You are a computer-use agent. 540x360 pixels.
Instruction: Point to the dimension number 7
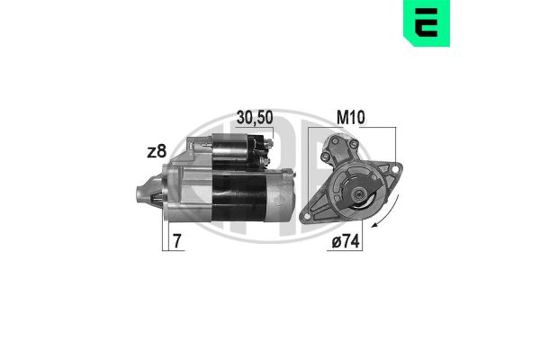coord(180,242)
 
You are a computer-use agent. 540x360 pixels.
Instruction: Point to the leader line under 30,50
coord(242,130)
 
